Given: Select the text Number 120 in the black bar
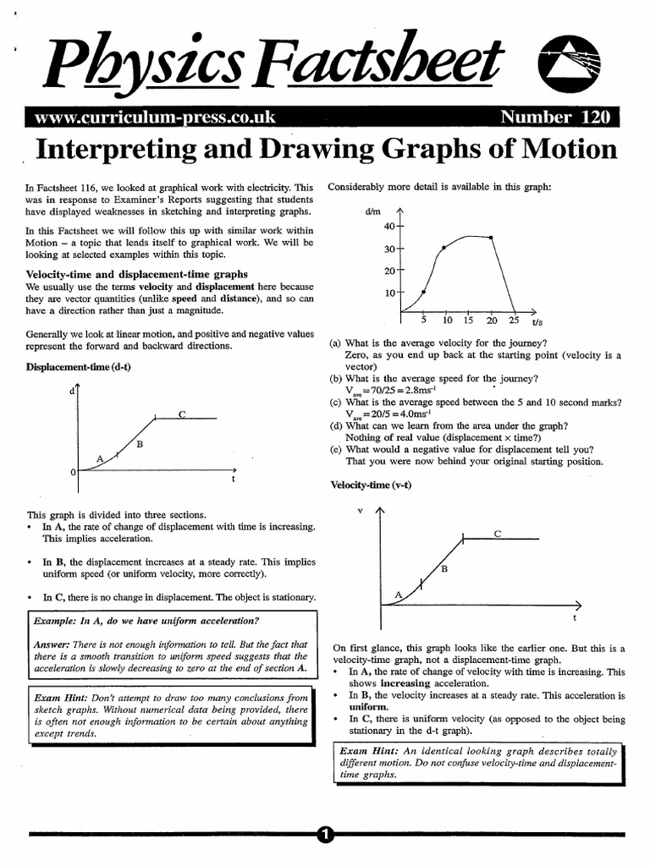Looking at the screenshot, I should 558,118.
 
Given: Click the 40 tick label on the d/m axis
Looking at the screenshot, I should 388,227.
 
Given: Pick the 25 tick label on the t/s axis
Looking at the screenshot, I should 514,321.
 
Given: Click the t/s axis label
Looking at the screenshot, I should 537,322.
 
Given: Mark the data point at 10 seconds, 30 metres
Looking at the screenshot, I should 445,248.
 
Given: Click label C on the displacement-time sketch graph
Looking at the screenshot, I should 182,413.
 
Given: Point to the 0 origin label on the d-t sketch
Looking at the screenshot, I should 73,471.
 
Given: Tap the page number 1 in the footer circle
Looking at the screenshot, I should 325,835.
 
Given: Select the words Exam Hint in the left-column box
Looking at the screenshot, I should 61,698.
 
